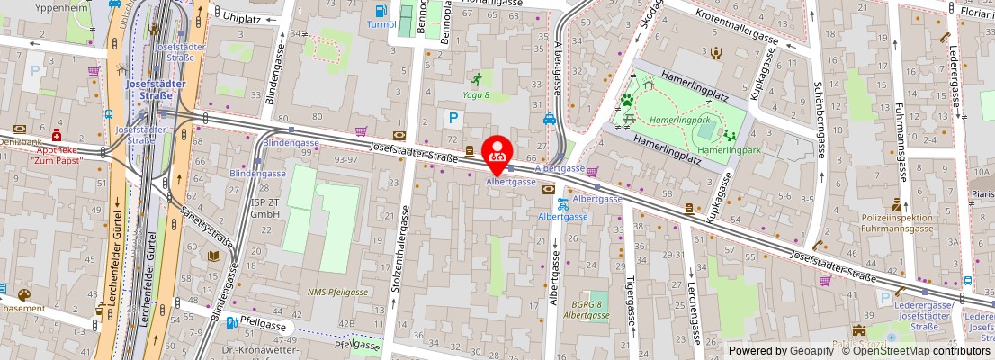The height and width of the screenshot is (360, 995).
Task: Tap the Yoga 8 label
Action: (476, 94)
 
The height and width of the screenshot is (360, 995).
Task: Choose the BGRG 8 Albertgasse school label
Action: (587, 310)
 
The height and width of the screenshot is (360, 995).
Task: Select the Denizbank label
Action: (19, 142)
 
